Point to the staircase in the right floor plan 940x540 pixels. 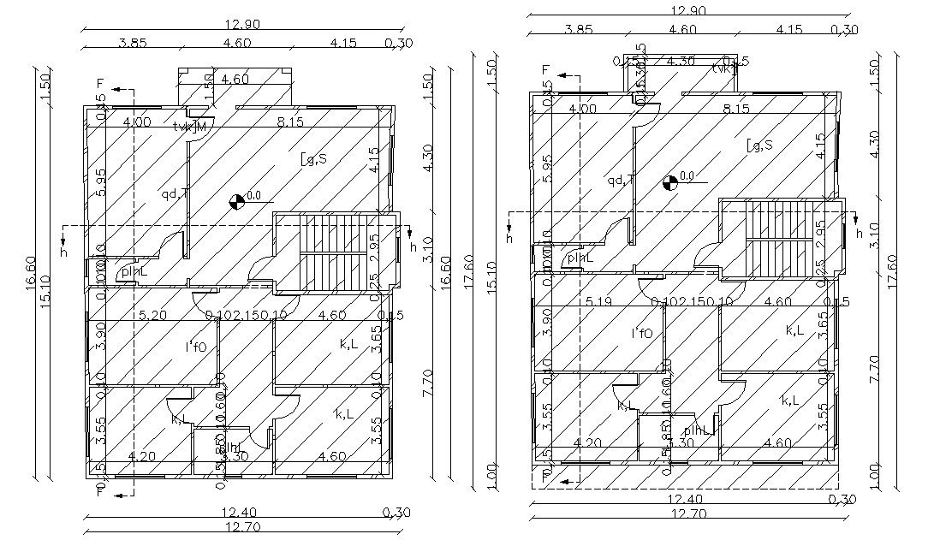(x=776, y=239)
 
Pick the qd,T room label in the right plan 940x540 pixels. (x=621, y=180)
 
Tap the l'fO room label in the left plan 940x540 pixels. (x=193, y=347)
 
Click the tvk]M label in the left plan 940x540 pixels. (x=190, y=127)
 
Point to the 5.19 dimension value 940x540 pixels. (x=599, y=301)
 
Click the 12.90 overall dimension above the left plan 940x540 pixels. (x=241, y=24)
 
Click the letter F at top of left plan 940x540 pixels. (x=100, y=84)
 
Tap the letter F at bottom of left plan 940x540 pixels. (x=100, y=493)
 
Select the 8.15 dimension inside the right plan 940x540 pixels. (x=735, y=109)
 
